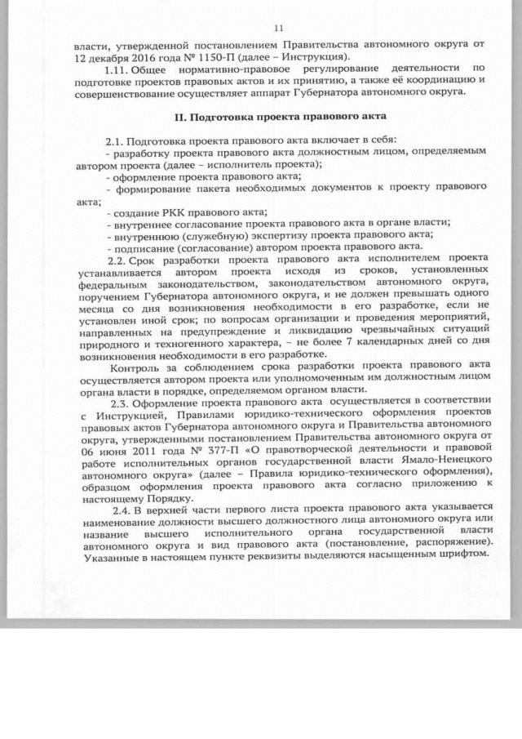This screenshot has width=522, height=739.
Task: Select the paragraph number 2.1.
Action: [117, 141]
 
